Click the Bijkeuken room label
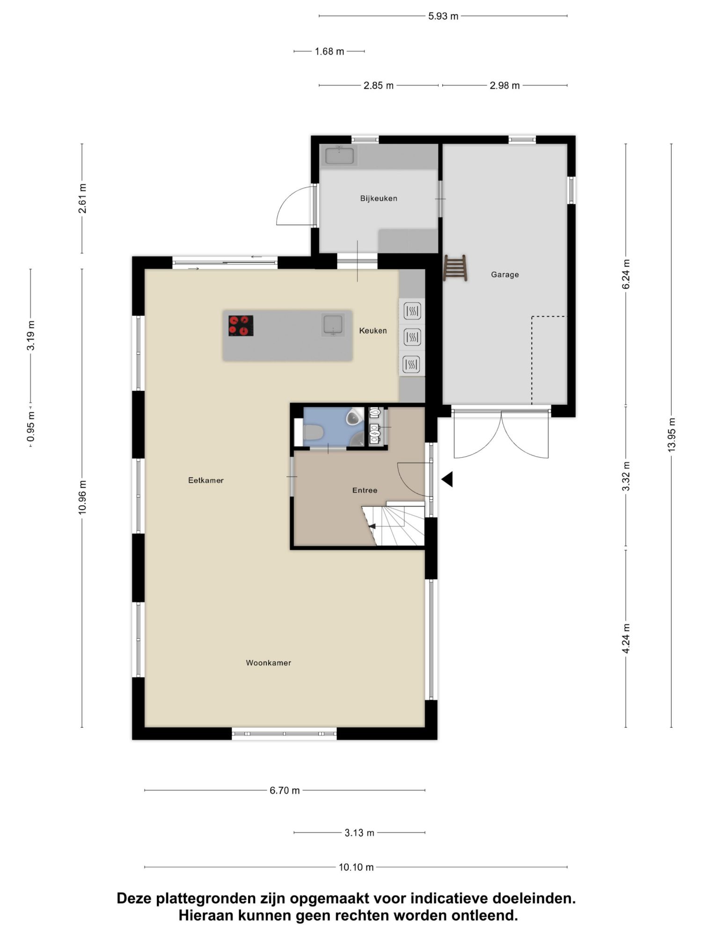click(x=379, y=198)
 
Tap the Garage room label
click(x=505, y=275)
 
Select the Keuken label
click(x=373, y=330)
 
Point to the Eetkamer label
click(x=206, y=480)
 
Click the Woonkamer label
click(x=269, y=663)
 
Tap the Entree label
click(x=365, y=490)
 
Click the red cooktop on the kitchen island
click(x=241, y=326)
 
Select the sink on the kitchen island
click(x=333, y=325)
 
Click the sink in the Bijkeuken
click(x=339, y=155)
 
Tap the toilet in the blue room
click(x=313, y=432)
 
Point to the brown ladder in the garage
click(x=455, y=268)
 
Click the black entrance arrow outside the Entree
click(x=447, y=479)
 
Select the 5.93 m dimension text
click(x=443, y=16)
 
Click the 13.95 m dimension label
click(x=672, y=435)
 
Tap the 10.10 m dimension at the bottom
click(x=356, y=867)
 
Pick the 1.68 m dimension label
click(x=329, y=51)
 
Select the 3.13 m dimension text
click(x=359, y=833)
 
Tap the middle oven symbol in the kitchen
click(x=412, y=337)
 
